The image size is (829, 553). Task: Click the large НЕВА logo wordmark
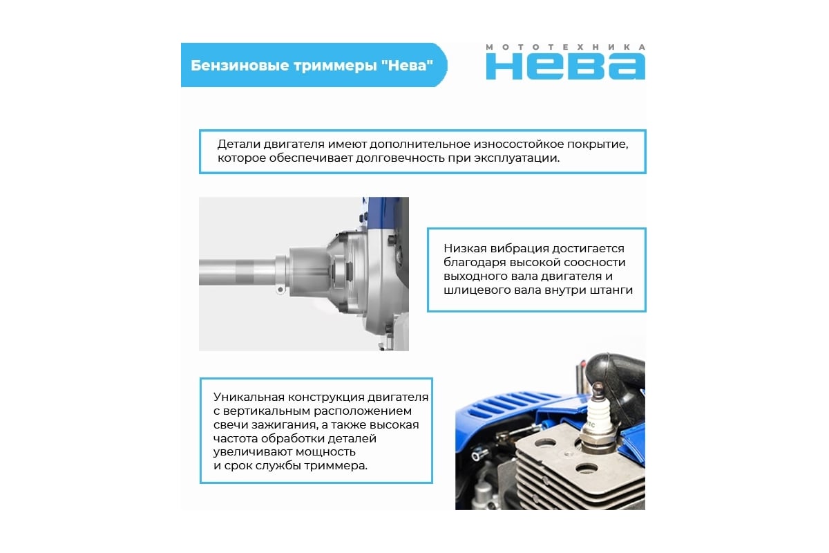566,66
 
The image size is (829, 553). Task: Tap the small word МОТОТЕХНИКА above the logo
566,47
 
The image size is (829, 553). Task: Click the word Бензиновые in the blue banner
240,66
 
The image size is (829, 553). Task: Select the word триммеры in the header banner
334,66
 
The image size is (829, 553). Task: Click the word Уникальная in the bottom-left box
249,397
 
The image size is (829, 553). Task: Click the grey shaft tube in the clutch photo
237,272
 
